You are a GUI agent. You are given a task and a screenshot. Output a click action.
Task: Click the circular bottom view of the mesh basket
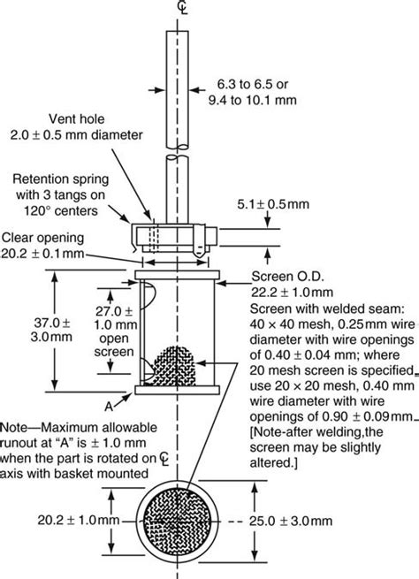coord(184,521)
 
